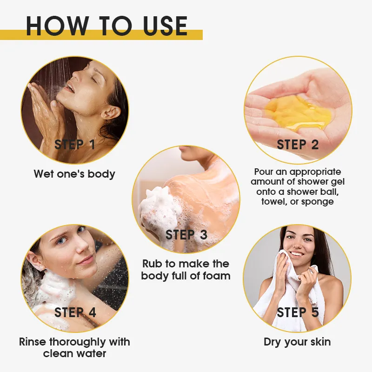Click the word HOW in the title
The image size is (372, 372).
[57, 26]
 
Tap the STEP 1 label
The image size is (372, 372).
[75, 145]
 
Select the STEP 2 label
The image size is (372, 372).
[298, 145]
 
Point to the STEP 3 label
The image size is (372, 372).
[186, 235]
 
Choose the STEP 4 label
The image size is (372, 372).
[75, 312]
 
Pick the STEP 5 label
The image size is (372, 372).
[298, 312]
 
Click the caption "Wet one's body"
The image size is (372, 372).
[74, 174]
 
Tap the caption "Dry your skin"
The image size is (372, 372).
[297, 342]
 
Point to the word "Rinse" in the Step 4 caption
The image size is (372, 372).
[33, 342]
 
